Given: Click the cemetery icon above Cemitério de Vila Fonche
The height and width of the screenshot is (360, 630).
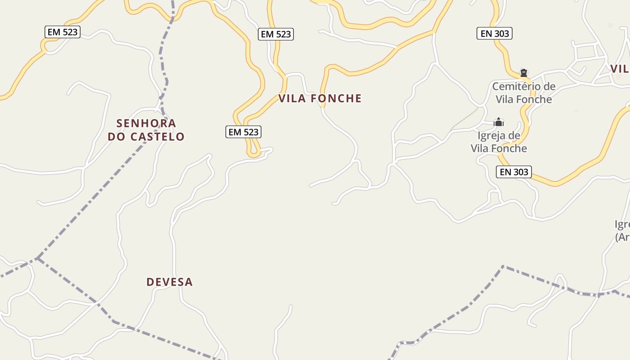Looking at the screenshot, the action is pos(523,73).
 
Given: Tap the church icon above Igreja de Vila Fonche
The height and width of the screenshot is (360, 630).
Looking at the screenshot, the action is pos(499,122).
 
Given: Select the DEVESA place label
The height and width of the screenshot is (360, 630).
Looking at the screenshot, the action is pos(170,282).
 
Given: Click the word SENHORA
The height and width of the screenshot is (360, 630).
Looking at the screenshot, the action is pos(146,123).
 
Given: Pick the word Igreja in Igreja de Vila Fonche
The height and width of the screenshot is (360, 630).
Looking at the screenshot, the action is pos(493,136).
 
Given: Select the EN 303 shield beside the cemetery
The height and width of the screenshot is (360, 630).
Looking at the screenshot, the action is pos(495,33).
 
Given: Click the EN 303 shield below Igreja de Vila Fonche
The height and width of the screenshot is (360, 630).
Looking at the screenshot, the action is pos(514,171).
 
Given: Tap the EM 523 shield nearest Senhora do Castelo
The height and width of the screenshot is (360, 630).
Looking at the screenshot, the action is pos(243,132).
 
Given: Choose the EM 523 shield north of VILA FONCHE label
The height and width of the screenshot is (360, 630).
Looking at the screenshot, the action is pos(276,34).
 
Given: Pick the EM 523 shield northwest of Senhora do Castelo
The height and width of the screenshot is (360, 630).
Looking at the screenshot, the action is pos(63,32).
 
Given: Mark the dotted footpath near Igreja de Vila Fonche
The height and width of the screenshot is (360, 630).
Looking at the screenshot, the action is pos(464,119).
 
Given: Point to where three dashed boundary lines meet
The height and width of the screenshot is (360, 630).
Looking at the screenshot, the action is pos(38,258).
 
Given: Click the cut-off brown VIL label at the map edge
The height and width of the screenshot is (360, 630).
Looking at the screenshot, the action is pos(620,69).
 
